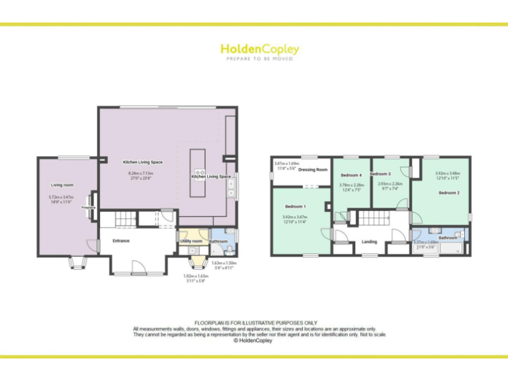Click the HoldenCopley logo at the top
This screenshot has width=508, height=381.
point(259,50)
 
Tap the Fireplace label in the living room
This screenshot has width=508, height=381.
point(89,208)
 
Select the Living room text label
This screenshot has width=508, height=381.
point(62,185)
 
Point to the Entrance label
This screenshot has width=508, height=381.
point(121,241)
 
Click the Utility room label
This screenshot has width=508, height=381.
point(191,241)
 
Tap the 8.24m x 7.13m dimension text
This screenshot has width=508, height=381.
point(142,173)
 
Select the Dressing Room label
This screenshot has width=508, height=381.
point(313,170)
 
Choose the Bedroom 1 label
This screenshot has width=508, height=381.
point(295,206)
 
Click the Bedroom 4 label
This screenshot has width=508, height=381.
point(351,175)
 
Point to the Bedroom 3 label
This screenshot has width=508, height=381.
point(380,174)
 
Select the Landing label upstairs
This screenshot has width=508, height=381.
point(369,242)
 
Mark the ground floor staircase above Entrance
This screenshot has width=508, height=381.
point(125,219)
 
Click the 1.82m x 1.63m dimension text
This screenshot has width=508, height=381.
point(194,278)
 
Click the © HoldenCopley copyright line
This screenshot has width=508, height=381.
point(254,341)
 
